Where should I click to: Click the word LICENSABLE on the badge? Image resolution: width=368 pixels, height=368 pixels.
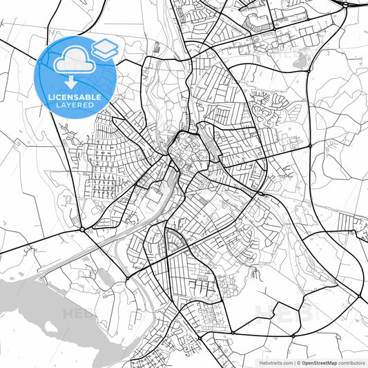pos(77,97)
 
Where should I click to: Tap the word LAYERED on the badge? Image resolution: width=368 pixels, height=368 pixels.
pos(77,106)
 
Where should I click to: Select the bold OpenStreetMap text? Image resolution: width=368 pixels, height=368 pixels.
pos(324,362)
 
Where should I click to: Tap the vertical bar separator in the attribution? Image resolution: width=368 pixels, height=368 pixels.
pos(294,362)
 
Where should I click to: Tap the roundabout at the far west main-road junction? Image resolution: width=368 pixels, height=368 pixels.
pos(82,229)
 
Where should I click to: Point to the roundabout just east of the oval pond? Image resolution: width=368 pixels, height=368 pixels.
pos(127,278)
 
